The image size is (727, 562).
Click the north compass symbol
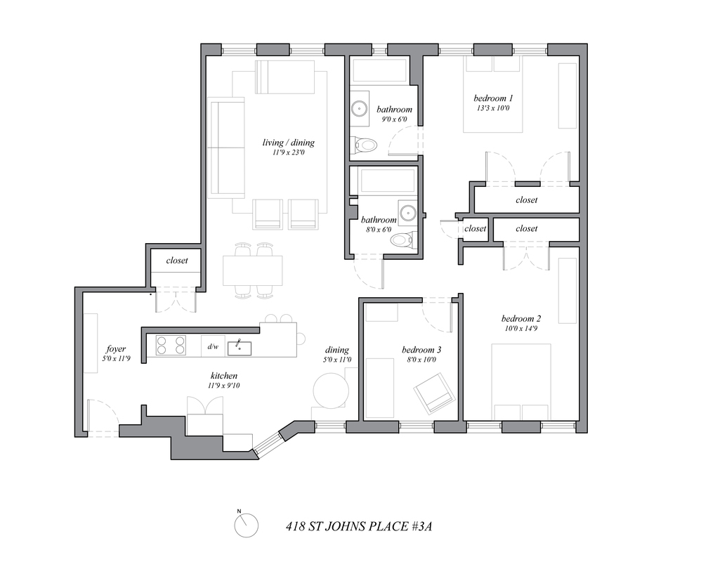(247, 525)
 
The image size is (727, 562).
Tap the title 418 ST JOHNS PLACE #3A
(359, 526)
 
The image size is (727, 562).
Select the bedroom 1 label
(493, 98)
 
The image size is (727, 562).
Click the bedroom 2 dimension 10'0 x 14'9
(520, 328)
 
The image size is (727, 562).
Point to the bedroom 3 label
(421, 350)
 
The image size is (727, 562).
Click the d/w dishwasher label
(213, 346)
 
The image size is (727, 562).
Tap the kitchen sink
(240, 348)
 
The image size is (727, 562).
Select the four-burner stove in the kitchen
(171, 346)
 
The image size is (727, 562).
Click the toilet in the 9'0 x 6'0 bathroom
(364, 145)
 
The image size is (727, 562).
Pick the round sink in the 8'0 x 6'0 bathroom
(407, 212)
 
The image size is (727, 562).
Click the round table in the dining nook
(331, 390)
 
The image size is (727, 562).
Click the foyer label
(115, 349)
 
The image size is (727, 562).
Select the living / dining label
(289, 143)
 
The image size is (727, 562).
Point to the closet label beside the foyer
(176, 260)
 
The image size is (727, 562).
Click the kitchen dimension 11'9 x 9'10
(224, 386)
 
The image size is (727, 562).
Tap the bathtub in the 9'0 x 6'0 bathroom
(380, 71)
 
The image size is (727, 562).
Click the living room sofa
(227, 148)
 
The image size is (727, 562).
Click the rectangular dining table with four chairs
(253, 270)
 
